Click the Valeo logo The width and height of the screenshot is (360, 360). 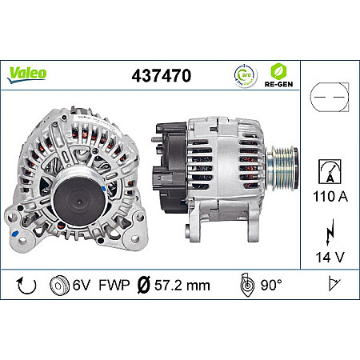[x=26, y=73]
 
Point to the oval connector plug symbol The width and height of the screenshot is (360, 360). [x=329, y=94]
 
